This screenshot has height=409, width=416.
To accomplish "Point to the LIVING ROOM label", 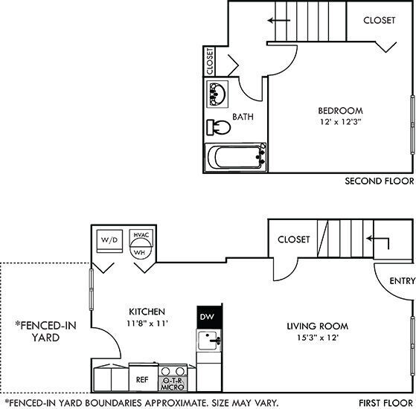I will pyautogui.click(x=318, y=326).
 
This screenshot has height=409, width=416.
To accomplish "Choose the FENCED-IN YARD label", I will pyautogui.click(x=42, y=331).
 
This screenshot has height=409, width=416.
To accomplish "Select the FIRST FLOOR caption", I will pyautogui.click(x=385, y=402).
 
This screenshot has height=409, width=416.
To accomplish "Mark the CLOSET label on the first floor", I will pyautogui.click(x=293, y=239).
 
